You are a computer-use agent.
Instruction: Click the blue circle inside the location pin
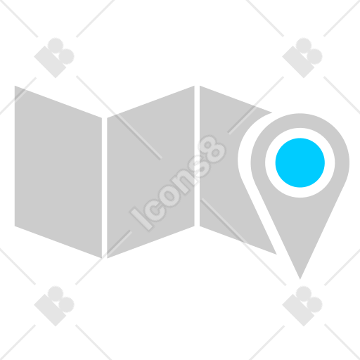(x=300, y=162)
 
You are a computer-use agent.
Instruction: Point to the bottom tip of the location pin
(x=300, y=279)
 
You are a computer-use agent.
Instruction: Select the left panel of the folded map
(x=58, y=172)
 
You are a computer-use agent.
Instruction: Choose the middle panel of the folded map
(x=150, y=172)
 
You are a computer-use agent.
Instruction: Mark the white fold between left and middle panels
(x=104, y=188)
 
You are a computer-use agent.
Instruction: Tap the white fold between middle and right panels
(x=197, y=156)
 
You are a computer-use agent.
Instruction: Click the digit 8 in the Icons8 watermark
(x=212, y=149)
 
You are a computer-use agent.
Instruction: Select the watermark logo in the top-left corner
(x=54, y=58)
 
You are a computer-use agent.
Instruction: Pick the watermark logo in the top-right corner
(x=302, y=58)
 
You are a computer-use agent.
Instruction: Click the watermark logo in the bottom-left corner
(x=54, y=306)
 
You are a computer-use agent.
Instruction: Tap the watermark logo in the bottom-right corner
(x=302, y=306)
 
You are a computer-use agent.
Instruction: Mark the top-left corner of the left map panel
(x=15, y=86)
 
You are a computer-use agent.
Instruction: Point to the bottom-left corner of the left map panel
(x=15, y=226)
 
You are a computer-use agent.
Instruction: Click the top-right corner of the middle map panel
(x=194, y=86)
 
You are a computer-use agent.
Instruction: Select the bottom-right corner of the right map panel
(x=276, y=255)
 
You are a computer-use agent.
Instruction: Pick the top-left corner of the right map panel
(x=200, y=86)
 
